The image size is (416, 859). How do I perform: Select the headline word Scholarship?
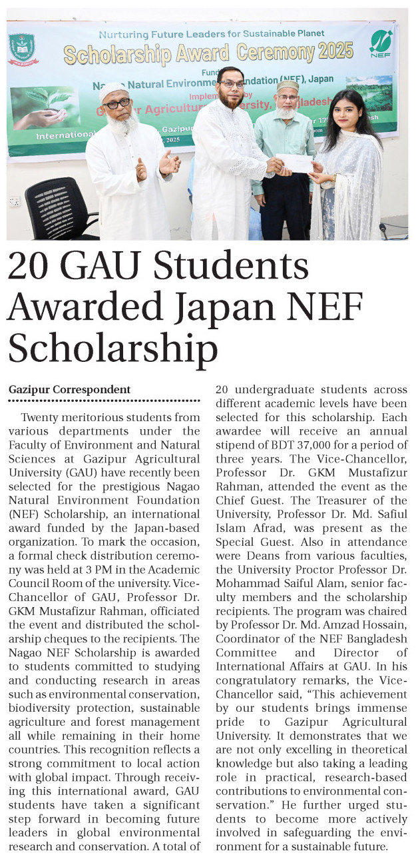[113, 348]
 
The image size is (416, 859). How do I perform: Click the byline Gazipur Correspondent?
[69, 389]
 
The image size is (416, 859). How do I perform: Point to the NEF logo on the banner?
[381, 43]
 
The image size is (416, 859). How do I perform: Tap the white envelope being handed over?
[295, 163]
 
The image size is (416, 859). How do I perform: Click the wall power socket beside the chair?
[14, 201]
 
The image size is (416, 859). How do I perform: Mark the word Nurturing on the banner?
[122, 33]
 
